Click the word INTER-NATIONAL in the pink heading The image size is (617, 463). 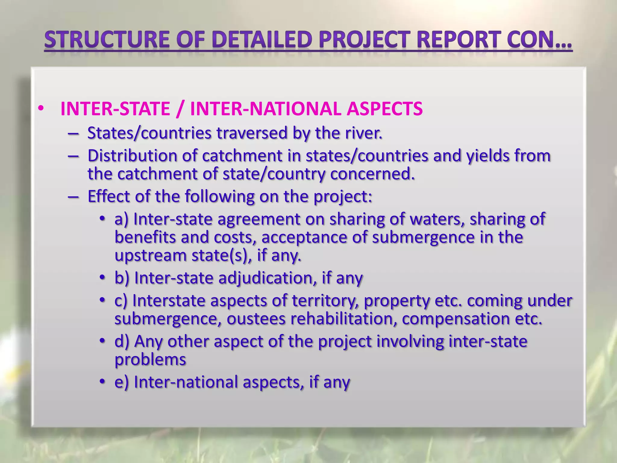[x=265, y=109]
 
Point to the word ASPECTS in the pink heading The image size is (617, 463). [x=385, y=109]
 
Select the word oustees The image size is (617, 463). [x=256, y=319]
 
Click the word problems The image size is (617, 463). [x=150, y=360]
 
